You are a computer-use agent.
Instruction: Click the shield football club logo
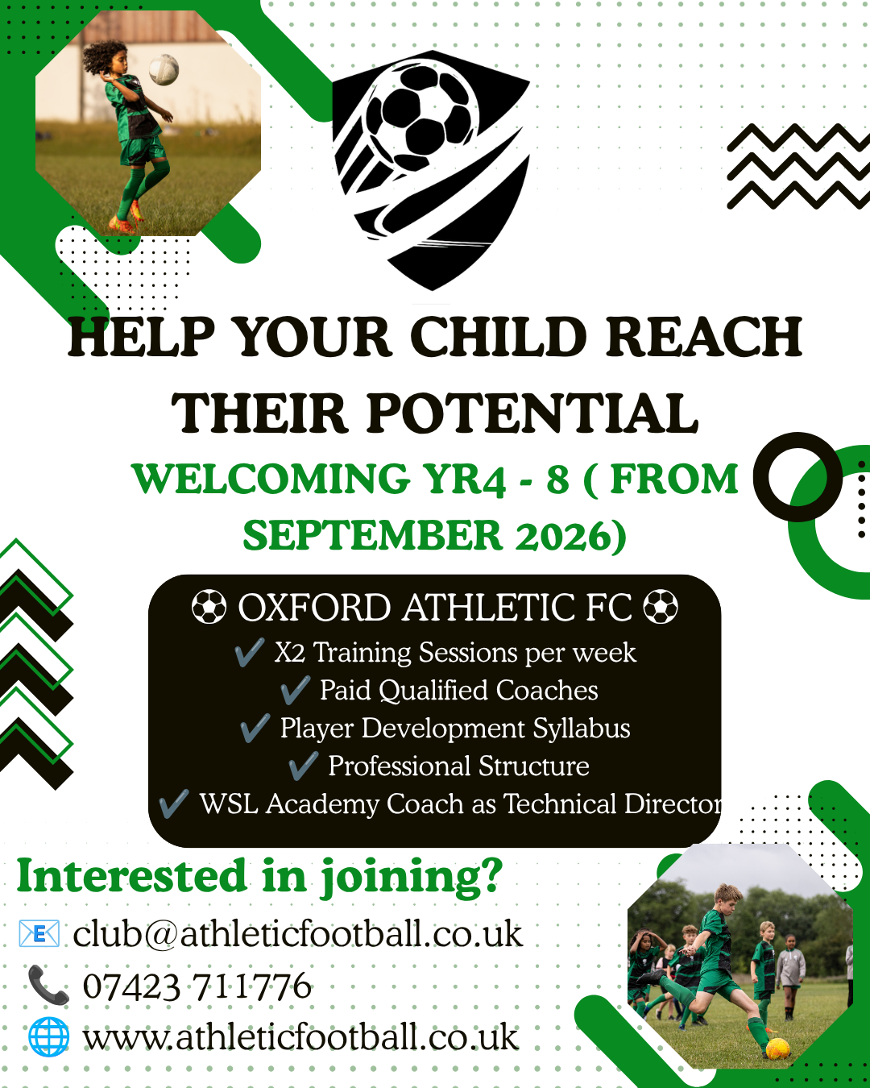(x=431, y=169)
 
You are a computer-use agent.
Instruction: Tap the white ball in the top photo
(x=164, y=69)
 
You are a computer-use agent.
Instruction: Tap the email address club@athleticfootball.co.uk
(x=298, y=934)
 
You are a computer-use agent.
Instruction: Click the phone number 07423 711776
(x=197, y=986)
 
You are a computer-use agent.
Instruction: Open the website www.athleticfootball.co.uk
(x=300, y=1037)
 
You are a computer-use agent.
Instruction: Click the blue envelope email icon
(x=39, y=933)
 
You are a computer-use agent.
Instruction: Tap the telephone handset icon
(x=48, y=985)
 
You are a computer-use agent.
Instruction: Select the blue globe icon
(x=48, y=1037)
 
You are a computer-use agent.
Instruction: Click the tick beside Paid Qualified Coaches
(x=295, y=690)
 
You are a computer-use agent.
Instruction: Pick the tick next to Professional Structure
(x=304, y=766)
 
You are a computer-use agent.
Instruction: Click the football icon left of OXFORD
(x=209, y=607)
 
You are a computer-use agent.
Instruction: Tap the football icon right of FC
(x=661, y=607)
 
